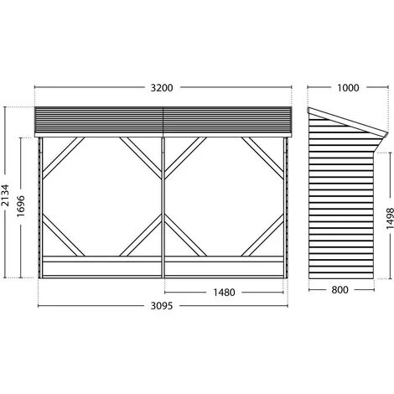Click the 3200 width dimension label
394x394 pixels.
(162, 88)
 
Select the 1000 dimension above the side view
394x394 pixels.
(348, 88)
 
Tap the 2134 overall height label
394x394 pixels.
(5, 195)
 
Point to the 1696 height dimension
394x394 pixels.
(21, 206)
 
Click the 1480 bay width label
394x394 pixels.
(224, 293)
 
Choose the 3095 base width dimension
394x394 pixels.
(162, 306)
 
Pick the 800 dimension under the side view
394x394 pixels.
(340, 290)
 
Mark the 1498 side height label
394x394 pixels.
(390, 218)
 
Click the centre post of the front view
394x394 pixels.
(163, 208)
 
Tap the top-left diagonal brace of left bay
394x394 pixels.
(64, 158)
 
